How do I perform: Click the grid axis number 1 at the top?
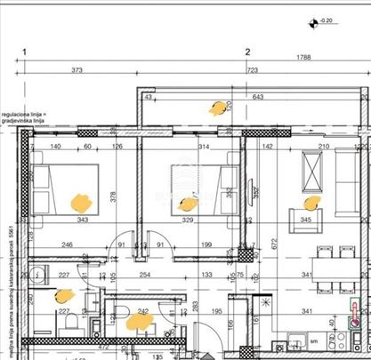pyautogui.click(x=27, y=52)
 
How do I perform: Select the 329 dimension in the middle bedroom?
pyautogui.click(x=188, y=219)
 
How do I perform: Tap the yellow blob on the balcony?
pyautogui.click(x=216, y=108)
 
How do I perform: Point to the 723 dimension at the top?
pyautogui.click(x=252, y=70)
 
